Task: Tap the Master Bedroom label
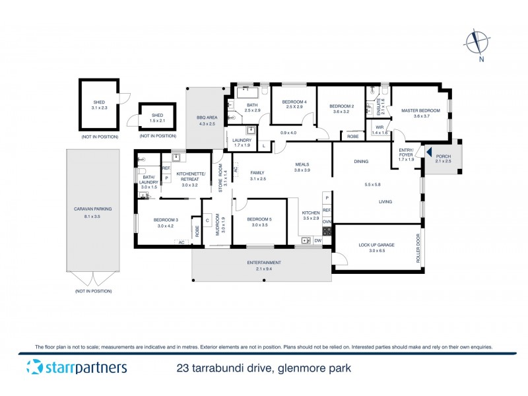(421, 111)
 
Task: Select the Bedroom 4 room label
(292, 102)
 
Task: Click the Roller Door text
(418, 247)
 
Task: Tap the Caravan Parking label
(92, 209)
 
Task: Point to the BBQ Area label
(206, 117)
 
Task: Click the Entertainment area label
(262, 263)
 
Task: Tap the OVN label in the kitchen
(327, 222)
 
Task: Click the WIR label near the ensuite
(379, 127)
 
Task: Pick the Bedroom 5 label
(259, 218)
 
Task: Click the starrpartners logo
(77, 368)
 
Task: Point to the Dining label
(360, 161)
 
